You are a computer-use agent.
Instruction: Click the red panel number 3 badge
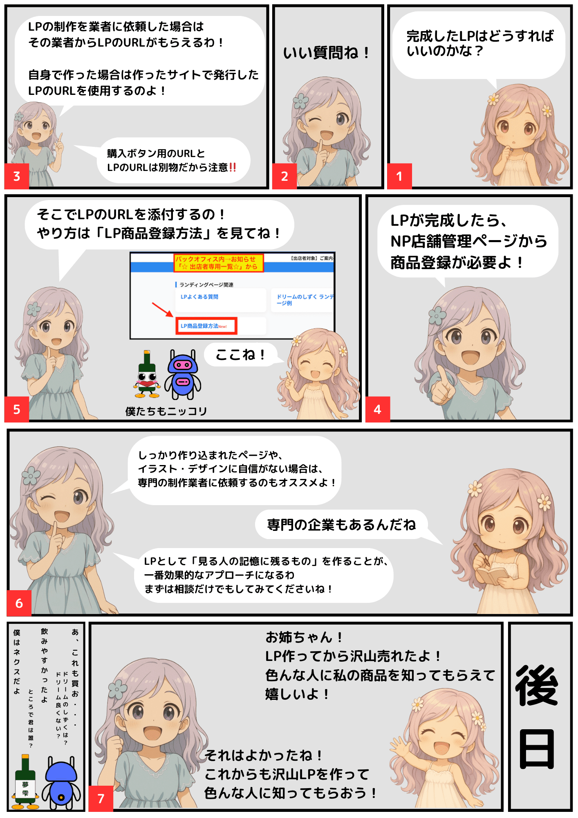click(17, 176)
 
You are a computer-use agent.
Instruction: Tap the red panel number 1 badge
click(399, 176)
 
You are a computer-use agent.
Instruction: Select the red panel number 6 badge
click(19, 603)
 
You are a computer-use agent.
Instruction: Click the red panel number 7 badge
click(101, 798)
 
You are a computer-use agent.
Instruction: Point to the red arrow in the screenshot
click(162, 310)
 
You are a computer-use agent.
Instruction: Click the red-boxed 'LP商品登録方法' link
click(206, 326)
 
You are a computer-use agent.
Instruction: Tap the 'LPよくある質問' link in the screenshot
click(199, 297)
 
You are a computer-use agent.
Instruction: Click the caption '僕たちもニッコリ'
click(166, 411)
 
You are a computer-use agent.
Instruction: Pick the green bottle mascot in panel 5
click(147, 374)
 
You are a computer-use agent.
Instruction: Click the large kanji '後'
click(537, 685)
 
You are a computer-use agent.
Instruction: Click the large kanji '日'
click(537, 749)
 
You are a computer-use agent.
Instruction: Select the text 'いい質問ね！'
click(327, 53)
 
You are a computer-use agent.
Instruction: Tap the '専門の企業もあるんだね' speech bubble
click(342, 525)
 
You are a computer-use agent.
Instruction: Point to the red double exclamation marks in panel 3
click(233, 167)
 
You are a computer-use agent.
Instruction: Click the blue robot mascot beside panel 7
click(61, 783)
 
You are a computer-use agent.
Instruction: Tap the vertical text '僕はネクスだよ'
click(17, 662)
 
